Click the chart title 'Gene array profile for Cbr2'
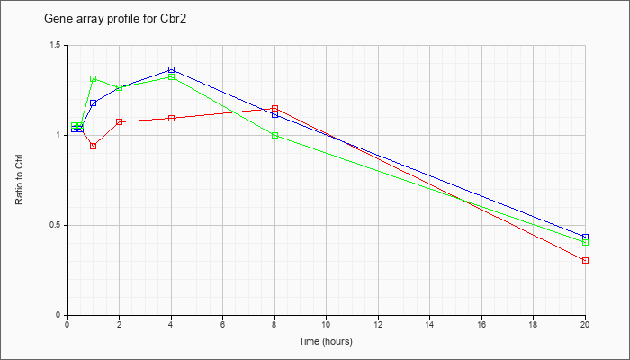[x=115, y=19]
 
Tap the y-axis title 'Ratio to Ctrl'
[x=19, y=180]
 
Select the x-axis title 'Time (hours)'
[x=326, y=341]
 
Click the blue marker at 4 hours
[x=171, y=70]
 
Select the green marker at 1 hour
[x=94, y=79]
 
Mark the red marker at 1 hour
[x=94, y=146]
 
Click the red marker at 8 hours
[x=274, y=109]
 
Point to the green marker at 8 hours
[x=274, y=135]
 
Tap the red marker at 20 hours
[x=585, y=261]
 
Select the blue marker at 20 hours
[x=585, y=237]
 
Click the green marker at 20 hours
[x=585, y=242]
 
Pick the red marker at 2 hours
[x=120, y=121]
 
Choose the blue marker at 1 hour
[x=94, y=103]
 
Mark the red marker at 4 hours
[x=171, y=118]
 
